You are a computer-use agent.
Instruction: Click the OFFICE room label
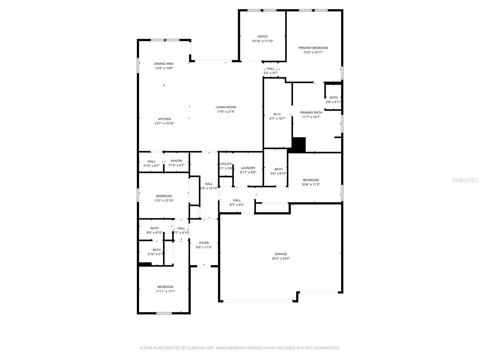coord(262,37)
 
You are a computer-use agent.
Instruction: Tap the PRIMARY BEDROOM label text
coord(313,48)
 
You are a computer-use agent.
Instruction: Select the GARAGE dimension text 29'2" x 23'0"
coord(281,258)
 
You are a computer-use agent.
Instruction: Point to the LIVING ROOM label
coord(226,107)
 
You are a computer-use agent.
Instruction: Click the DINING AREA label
coord(164,64)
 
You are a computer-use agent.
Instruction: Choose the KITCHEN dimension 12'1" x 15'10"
coord(164,123)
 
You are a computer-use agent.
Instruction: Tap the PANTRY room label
coord(176,161)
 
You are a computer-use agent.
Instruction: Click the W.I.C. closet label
coord(277,114)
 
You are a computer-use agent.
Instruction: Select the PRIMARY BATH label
coord(311,112)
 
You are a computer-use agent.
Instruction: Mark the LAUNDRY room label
coord(248,168)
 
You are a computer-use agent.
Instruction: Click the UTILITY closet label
coord(226,164)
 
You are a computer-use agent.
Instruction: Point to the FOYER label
coord(204,243)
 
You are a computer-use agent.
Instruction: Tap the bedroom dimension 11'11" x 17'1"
coord(165,291)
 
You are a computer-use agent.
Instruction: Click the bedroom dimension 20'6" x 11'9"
coord(311,184)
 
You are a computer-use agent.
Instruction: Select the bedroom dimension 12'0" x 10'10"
coord(164,200)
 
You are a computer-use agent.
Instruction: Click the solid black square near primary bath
coord(298,145)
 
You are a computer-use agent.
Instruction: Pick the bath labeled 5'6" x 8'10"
coord(278,171)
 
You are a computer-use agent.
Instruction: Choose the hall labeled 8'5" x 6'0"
coord(237,202)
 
